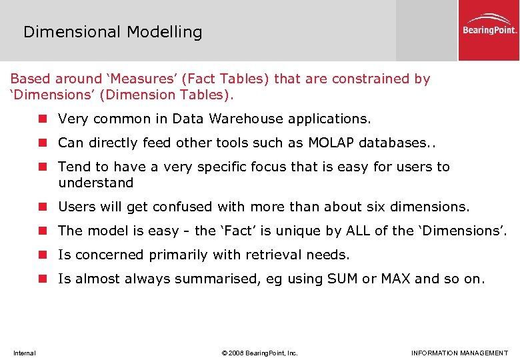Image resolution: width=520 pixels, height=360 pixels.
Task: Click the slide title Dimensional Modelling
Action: (x=113, y=32)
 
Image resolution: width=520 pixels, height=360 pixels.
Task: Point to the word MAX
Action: (x=395, y=279)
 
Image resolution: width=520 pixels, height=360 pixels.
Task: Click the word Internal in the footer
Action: (x=24, y=353)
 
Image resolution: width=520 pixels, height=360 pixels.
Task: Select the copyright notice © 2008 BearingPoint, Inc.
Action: (x=259, y=353)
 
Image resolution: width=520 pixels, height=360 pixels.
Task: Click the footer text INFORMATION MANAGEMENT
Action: (x=459, y=353)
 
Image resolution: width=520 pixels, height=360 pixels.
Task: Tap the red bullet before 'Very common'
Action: (x=43, y=119)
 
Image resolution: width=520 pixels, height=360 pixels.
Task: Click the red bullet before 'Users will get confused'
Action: (x=43, y=207)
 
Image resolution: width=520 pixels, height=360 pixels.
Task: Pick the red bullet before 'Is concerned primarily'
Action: (x=43, y=255)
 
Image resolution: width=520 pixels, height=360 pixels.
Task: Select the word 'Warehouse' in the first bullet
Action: (x=246, y=119)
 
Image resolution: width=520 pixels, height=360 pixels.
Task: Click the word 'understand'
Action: (x=96, y=183)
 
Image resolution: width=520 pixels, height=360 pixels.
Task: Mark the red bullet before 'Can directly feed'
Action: (x=43, y=143)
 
